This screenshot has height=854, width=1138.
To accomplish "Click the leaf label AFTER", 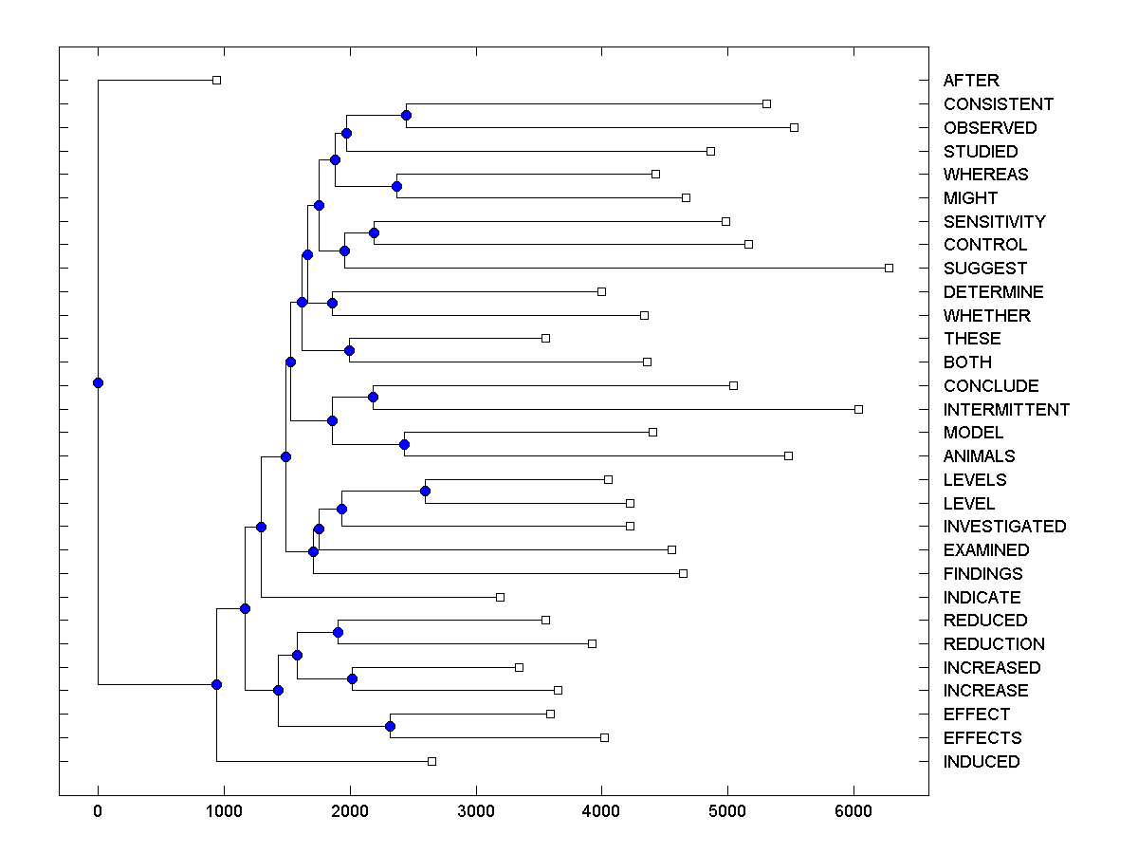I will tap(971, 81).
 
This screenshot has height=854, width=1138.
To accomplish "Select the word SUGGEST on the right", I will tap(984, 269).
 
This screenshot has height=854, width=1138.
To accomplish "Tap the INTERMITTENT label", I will tap(1006, 410).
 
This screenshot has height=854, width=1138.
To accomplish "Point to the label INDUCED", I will tap(982, 762).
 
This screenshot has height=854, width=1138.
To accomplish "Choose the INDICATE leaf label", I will tap(982, 598).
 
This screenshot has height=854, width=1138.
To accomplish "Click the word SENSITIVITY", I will tap(994, 222).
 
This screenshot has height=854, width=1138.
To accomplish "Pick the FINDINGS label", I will tap(982, 574).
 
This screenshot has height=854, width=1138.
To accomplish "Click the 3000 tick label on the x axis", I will tap(475, 810).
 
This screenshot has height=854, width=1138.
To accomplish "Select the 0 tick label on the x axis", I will tap(98, 810).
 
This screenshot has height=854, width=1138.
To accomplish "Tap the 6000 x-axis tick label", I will tap(853, 810).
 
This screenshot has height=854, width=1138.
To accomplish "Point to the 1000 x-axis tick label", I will tap(223, 810).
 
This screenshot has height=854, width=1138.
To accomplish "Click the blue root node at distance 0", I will tap(98, 382).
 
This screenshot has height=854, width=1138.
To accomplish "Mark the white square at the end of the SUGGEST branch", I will tap(889, 268).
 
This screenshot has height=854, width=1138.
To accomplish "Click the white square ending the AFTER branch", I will tap(216, 80).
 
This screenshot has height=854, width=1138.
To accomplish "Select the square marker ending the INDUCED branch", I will tap(431, 761).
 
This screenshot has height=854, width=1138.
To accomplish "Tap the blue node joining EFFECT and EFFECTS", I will tap(390, 726).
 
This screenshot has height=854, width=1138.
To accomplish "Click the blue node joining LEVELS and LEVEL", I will tap(425, 491).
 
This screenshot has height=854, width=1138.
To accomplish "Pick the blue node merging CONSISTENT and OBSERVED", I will tap(406, 115).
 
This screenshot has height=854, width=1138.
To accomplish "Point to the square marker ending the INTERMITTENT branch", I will tap(858, 409).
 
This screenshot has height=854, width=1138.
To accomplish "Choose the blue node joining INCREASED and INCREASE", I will tap(352, 678).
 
